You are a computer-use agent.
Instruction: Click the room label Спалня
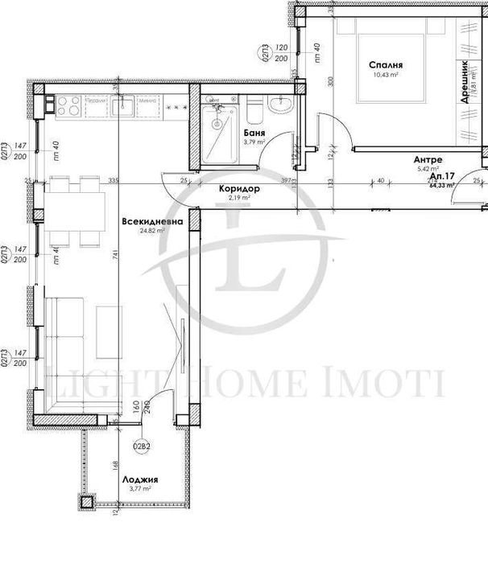(x=387, y=66)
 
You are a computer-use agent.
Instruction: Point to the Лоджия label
(x=139, y=478)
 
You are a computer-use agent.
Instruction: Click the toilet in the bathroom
(x=252, y=107)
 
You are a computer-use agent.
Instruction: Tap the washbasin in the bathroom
(x=283, y=103)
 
